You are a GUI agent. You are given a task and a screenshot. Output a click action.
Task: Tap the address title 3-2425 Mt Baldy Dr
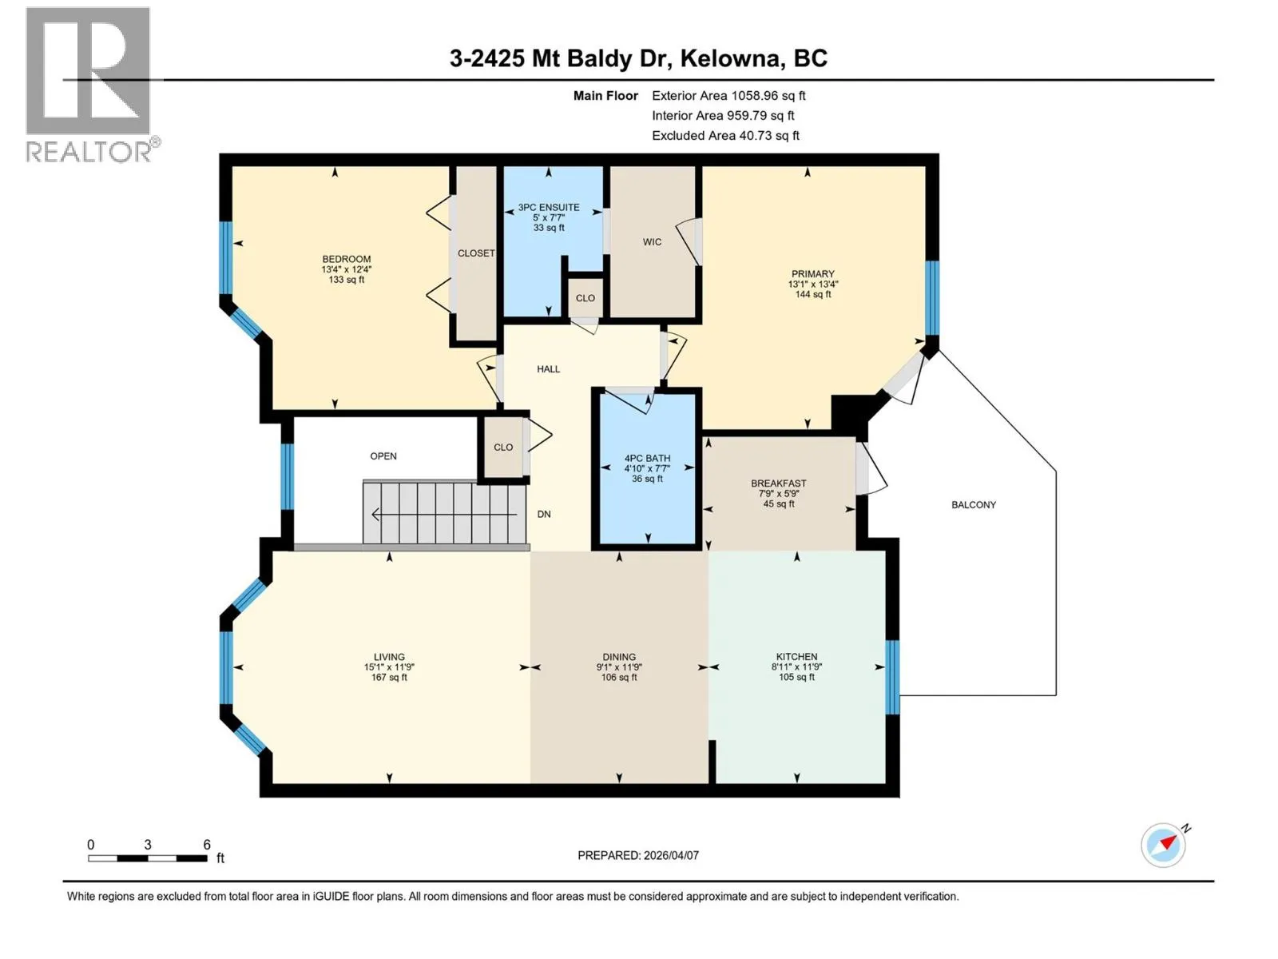click(561, 58)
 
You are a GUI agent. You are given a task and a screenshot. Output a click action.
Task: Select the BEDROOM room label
click(347, 259)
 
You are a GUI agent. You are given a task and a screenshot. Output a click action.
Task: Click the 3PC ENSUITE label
click(549, 207)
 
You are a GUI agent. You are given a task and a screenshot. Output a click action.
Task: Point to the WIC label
click(652, 241)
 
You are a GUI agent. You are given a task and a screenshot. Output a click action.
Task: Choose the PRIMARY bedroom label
click(813, 273)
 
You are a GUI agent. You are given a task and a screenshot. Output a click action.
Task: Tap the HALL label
click(548, 368)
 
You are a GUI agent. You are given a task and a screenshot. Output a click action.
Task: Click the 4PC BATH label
click(648, 458)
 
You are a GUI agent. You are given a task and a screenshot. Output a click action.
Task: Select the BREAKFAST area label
click(779, 483)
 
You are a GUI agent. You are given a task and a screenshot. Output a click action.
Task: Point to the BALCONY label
click(974, 505)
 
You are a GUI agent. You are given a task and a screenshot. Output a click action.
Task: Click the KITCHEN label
click(796, 656)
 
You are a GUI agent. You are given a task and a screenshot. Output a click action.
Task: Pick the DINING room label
click(619, 656)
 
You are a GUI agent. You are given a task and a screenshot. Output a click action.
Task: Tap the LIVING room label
click(389, 656)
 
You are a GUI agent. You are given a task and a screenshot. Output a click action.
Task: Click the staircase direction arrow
click(444, 515)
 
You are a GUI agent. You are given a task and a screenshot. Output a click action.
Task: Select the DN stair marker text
click(544, 514)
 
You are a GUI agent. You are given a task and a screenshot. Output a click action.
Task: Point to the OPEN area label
click(383, 456)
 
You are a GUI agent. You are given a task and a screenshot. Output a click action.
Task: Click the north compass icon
click(1164, 845)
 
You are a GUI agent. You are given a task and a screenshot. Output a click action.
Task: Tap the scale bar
click(148, 858)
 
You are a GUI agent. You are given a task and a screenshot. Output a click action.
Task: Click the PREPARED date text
click(638, 855)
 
